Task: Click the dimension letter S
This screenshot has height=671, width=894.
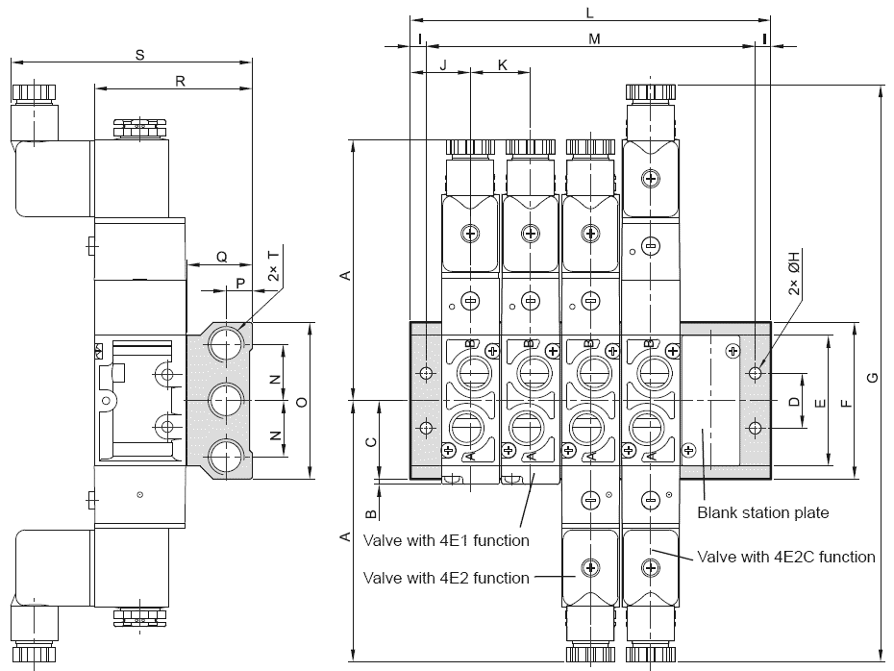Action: click(x=139, y=56)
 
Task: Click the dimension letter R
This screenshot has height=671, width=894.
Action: click(x=180, y=82)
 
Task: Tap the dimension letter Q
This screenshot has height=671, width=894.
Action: click(x=222, y=257)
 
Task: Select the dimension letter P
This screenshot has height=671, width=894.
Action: click(x=240, y=284)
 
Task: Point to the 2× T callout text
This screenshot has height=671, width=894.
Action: click(x=274, y=265)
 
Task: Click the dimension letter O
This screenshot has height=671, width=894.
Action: click(x=302, y=402)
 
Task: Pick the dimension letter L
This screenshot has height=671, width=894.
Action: click(x=590, y=12)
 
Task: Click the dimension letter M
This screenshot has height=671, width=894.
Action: click(x=594, y=38)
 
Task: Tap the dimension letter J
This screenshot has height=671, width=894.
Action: click(x=443, y=65)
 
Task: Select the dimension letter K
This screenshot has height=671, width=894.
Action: click(x=503, y=65)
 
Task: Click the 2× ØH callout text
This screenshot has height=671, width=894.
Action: click(x=794, y=272)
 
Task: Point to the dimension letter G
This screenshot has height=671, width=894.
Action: click(x=872, y=378)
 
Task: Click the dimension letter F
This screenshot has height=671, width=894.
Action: click(x=847, y=403)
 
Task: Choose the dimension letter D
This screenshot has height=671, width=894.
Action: click(x=794, y=402)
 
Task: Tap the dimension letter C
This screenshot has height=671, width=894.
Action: click(x=371, y=442)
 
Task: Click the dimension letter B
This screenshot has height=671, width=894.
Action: click(x=371, y=514)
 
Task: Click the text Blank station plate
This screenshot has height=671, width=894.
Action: click(x=763, y=512)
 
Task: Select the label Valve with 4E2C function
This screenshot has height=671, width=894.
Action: click(x=786, y=557)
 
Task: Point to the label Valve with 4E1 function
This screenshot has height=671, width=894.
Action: click(x=446, y=540)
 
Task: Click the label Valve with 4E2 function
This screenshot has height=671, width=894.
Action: click(x=446, y=578)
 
